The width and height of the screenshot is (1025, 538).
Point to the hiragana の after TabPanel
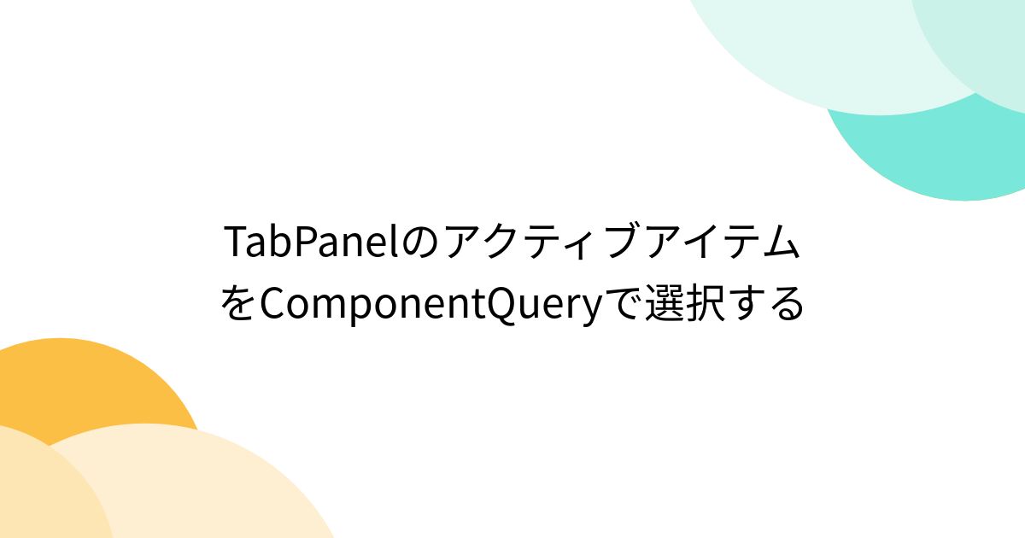[x=418, y=244]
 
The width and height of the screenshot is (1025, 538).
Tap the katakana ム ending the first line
[x=781, y=244]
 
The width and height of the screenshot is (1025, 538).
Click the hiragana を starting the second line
[x=238, y=304]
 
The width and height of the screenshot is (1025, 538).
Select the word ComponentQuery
[x=430, y=306]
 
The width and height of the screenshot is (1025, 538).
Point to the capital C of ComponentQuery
[x=272, y=304]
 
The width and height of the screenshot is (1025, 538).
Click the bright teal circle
[x=922, y=162]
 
